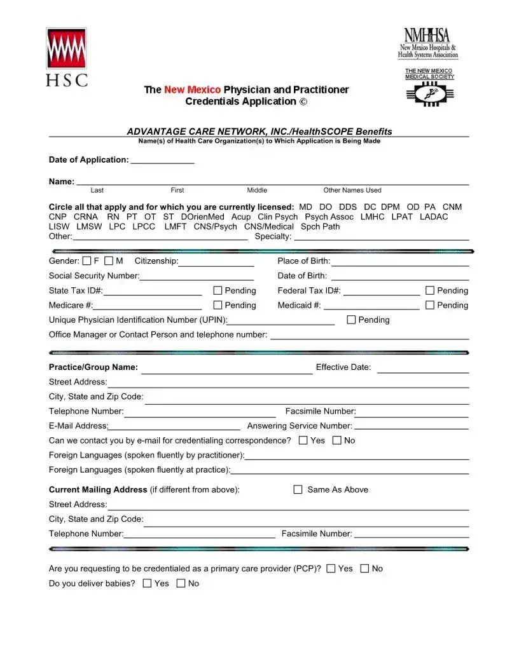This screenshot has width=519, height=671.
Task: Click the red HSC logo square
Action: (66, 48)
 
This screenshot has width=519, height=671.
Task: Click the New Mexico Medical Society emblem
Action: (430, 95)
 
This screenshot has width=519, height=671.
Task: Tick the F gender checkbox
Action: (86, 261)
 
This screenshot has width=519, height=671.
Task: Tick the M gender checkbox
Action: (109, 261)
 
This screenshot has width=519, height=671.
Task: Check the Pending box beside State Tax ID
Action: (218, 290)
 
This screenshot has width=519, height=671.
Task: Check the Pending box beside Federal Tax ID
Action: (430, 290)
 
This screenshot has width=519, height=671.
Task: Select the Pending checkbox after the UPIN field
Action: (351, 320)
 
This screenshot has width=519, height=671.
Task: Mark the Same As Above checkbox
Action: (298, 489)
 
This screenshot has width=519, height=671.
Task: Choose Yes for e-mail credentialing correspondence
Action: (303, 440)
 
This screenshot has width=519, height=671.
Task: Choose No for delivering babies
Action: (181, 583)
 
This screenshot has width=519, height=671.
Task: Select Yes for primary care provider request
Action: (331, 569)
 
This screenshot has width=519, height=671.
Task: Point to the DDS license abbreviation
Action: (348, 207)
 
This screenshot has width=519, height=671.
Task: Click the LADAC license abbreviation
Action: (434, 217)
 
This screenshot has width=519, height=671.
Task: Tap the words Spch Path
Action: (320, 226)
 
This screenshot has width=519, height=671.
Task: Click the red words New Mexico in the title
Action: (192, 90)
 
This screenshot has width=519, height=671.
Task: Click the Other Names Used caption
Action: (352, 190)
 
